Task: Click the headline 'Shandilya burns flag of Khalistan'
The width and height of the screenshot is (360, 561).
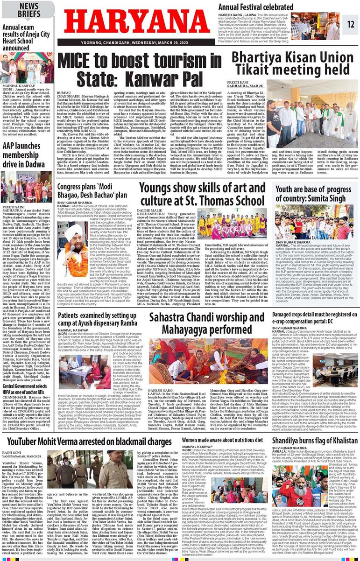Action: click(x=314, y=441)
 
